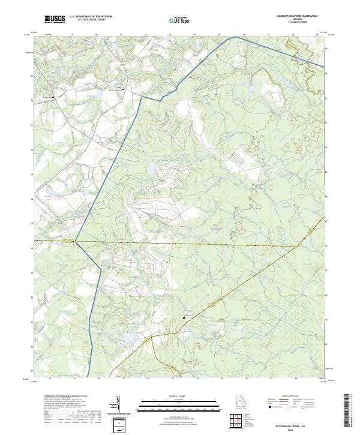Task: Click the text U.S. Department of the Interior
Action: click(x=91, y=17)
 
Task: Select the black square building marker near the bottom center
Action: click(x=184, y=317)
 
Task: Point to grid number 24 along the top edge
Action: click(x=196, y=35)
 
